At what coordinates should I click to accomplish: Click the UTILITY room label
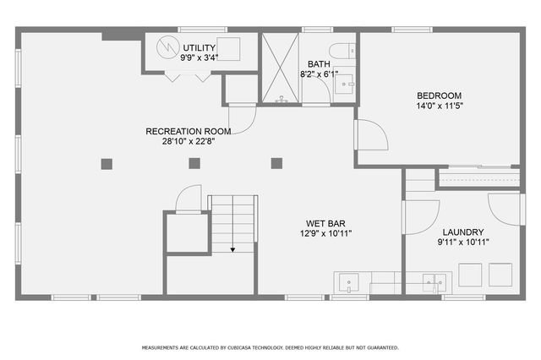199,47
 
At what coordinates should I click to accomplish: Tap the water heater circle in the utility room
166,48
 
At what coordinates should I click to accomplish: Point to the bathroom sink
344,85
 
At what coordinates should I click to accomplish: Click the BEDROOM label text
438,95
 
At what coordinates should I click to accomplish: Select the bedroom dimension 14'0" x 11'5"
438,106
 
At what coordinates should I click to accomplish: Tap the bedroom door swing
370,136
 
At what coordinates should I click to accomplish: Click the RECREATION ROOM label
188,131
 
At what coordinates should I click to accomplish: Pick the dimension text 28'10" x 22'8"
188,141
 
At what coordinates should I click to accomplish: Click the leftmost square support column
107,164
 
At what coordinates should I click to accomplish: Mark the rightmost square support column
276,164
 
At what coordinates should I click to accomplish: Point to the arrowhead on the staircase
232,250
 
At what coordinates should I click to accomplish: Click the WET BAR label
325,223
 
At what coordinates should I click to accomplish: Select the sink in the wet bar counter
349,281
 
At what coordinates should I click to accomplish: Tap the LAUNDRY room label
463,232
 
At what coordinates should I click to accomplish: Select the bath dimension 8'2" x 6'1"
320,74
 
